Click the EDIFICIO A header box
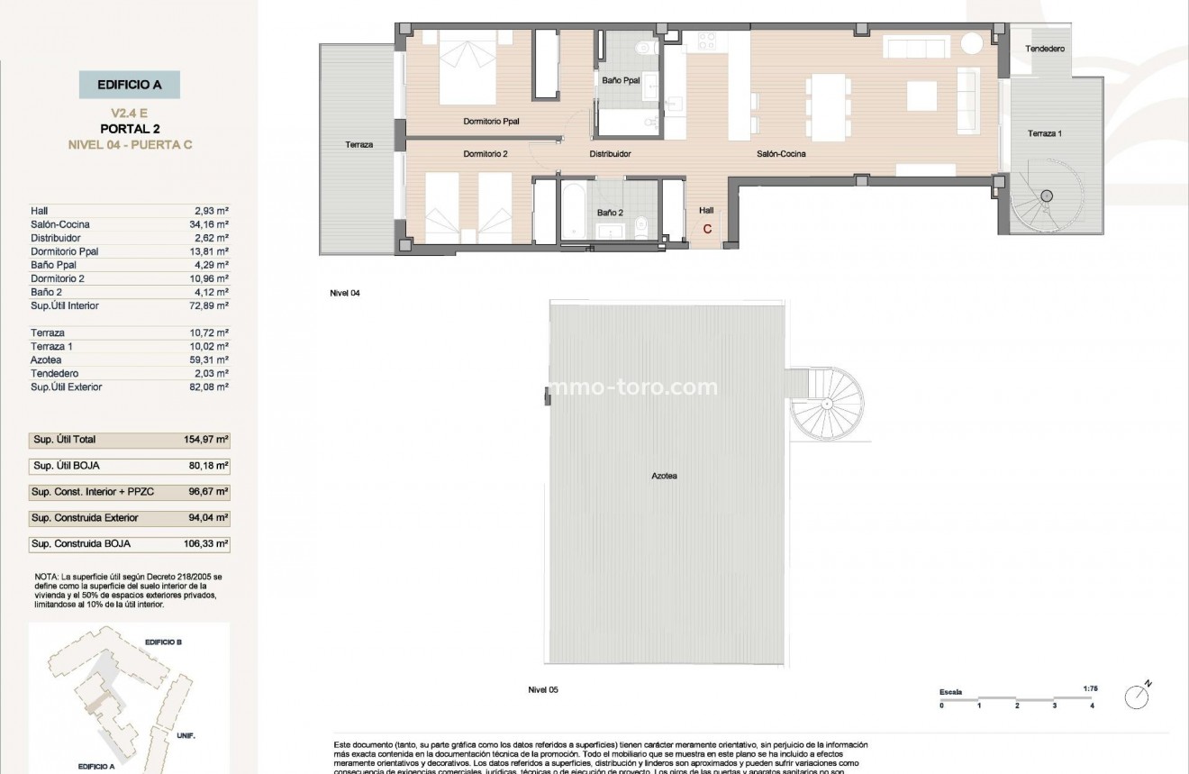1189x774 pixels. pos(128,85)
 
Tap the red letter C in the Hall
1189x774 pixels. pos(707,229)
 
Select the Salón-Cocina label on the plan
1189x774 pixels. pos(780,154)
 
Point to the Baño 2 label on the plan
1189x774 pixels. pos(610,213)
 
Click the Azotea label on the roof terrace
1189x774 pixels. pos(665,476)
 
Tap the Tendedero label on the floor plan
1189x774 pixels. pos(1046,49)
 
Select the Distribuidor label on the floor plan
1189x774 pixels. pos(610,154)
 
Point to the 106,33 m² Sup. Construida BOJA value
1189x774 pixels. pos(205,544)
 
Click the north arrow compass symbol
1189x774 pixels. pos(1138,696)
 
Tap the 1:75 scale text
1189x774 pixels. pos(1090,688)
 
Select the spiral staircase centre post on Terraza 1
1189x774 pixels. pos(1047,196)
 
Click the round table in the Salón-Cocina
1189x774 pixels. pos(971,43)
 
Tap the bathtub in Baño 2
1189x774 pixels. pos(574,211)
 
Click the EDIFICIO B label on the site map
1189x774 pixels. pos(163,642)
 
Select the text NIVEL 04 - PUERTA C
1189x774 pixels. pos(130,144)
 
